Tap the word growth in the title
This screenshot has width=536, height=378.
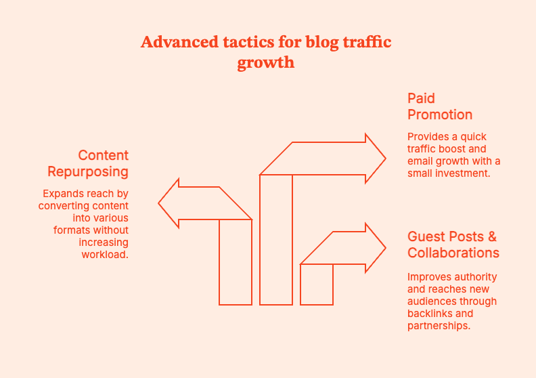point(266,63)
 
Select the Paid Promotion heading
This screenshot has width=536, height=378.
point(440,106)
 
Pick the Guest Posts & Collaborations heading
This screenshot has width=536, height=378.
point(453,245)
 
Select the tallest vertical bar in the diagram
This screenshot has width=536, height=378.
point(276,240)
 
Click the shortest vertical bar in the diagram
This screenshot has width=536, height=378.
point(317,285)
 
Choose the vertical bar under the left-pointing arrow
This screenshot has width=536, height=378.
point(236,262)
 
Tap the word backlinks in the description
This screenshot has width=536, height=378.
point(428,314)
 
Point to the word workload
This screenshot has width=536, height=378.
point(105,255)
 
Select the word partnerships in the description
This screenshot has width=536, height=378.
point(438,326)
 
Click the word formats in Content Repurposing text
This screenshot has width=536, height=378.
point(70,230)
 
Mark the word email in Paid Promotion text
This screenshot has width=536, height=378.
point(420,161)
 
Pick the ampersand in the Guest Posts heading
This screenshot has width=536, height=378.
point(491,236)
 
